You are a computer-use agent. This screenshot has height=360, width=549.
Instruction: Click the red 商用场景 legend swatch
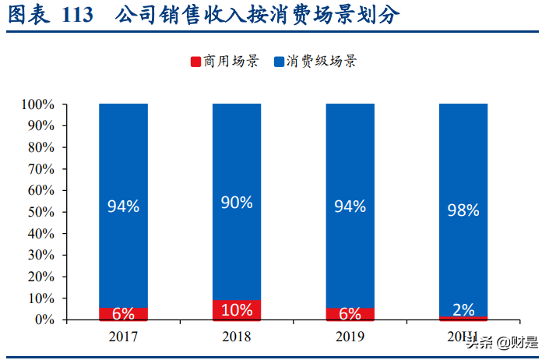(195, 61)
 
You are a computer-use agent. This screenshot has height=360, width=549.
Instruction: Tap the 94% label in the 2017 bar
(123, 206)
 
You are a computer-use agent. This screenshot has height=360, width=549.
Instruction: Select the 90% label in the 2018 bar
(237, 203)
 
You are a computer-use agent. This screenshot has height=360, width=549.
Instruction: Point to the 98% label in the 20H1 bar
(463, 210)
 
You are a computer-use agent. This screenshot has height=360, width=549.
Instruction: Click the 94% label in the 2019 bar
(350, 206)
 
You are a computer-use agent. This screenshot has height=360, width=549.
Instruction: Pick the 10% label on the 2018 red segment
(237, 310)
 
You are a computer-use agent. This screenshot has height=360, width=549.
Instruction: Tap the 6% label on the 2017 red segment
(123, 314)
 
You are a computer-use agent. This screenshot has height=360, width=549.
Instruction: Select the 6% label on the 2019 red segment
(350, 314)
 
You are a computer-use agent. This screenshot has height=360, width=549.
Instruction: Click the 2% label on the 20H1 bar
(463, 309)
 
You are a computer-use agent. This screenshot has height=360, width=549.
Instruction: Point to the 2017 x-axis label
(123, 337)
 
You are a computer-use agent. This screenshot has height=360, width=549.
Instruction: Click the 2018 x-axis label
(237, 337)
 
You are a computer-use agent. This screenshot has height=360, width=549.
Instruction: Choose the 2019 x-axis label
(350, 337)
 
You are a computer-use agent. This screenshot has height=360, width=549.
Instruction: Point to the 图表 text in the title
(25, 15)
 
